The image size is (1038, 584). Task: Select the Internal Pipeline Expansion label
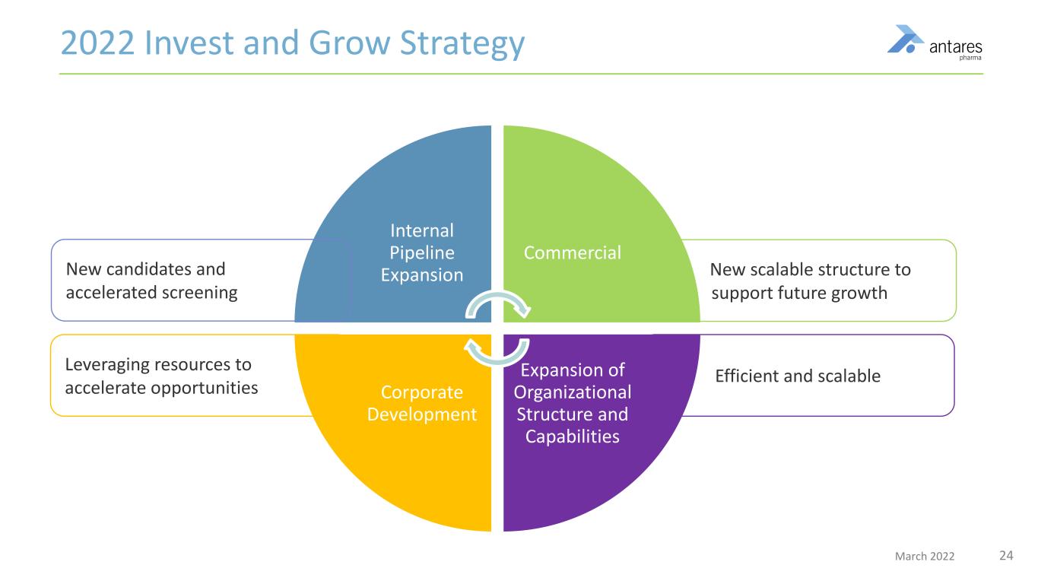[421, 252]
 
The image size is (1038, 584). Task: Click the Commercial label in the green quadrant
[573, 252]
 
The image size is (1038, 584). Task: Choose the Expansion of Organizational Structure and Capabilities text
[572, 403]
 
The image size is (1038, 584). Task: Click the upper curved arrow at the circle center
[499, 305]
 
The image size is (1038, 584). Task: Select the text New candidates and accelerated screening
[152, 281]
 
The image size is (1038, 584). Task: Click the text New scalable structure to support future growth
[810, 281]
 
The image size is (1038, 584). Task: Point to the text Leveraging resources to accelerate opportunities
[162, 376]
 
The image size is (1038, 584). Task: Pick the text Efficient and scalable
[798, 375]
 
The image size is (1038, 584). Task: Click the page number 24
[1006, 556]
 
